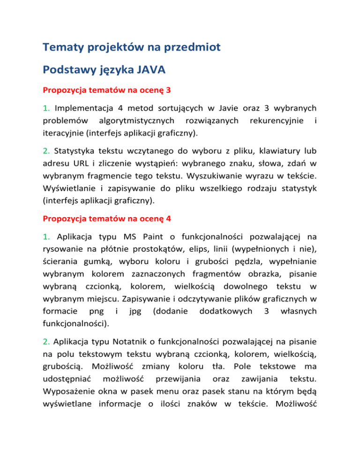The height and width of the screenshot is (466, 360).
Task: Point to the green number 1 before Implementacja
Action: coord(45,108)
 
